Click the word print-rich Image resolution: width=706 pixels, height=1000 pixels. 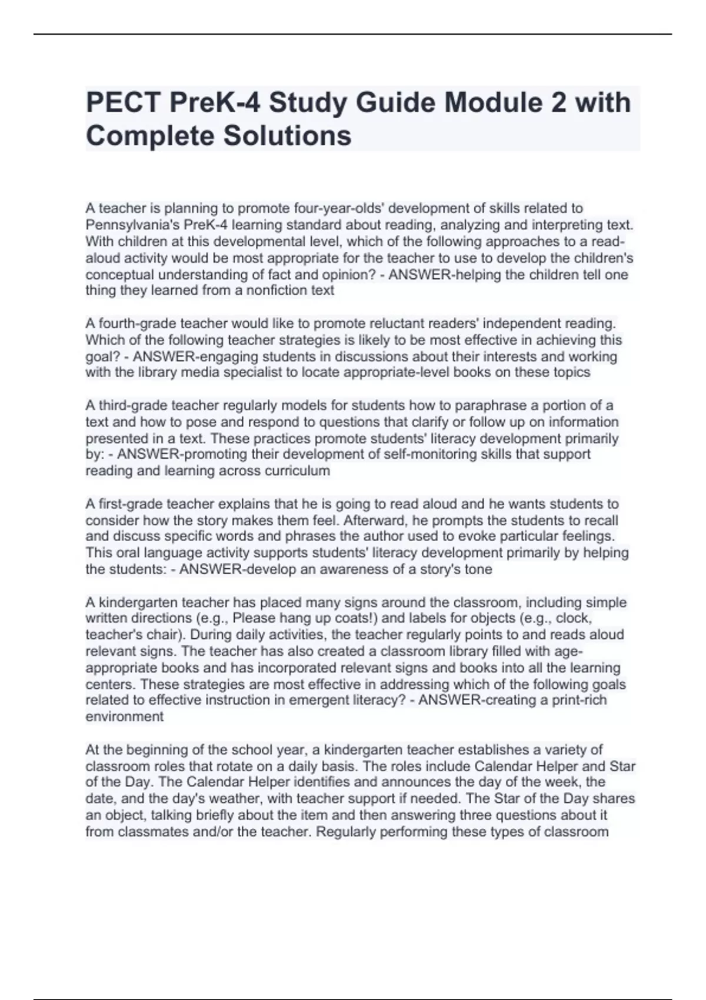pyautogui.click(x=579, y=700)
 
